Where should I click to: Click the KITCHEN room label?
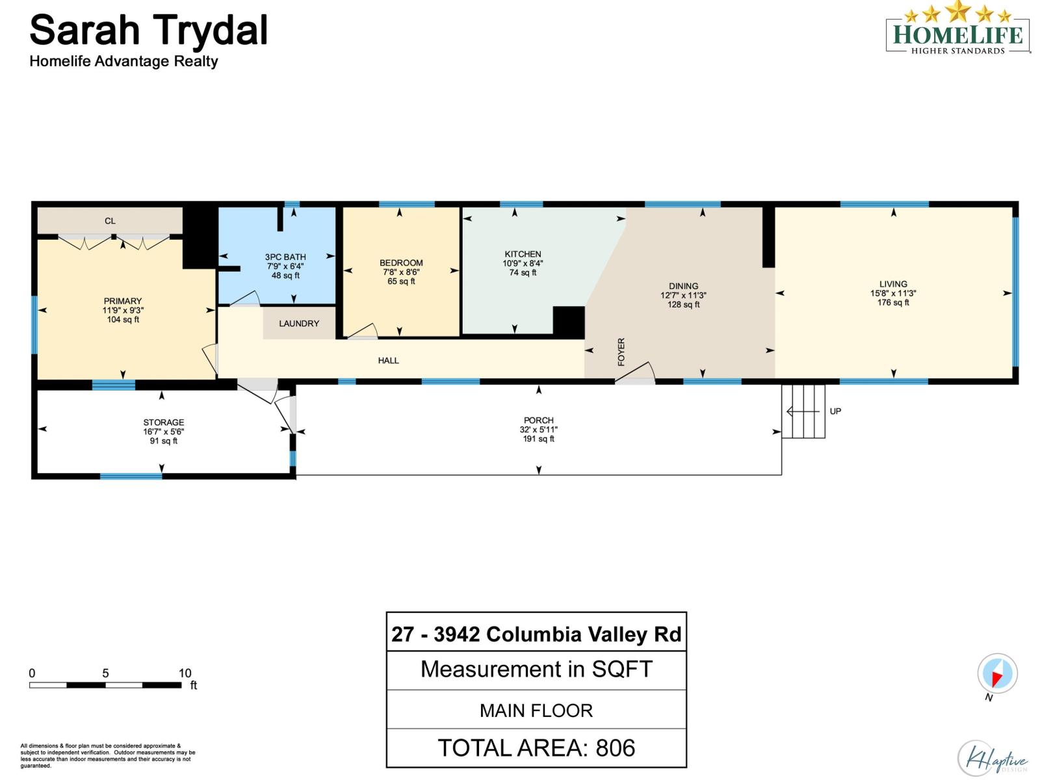click(x=523, y=254)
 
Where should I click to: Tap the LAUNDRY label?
click(x=299, y=323)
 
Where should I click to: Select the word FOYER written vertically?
click(x=621, y=352)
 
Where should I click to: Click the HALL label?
click(x=389, y=360)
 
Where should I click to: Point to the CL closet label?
click(x=110, y=221)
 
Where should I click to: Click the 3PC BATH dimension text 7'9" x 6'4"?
click(x=285, y=266)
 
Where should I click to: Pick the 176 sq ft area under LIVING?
click(x=893, y=302)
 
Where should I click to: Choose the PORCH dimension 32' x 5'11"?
click(x=538, y=430)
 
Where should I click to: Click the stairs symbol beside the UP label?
click(x=804, y=411)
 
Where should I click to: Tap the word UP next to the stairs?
click(x=835, y=411)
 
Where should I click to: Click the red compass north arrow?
click(x=996, y=679)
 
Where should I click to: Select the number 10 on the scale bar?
click(x=185, y=673)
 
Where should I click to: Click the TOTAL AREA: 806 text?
click(x=536, y=748)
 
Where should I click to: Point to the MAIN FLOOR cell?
click(x=536, y=710)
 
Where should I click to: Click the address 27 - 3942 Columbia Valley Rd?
click(x=536, y=634)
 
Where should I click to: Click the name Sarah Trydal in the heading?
click(x=149, y=30)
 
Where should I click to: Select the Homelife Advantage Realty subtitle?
click(x=123, y=61)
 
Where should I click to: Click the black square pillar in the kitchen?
click(x=568, y=322)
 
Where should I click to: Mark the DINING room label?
click(x=683, y=286)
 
